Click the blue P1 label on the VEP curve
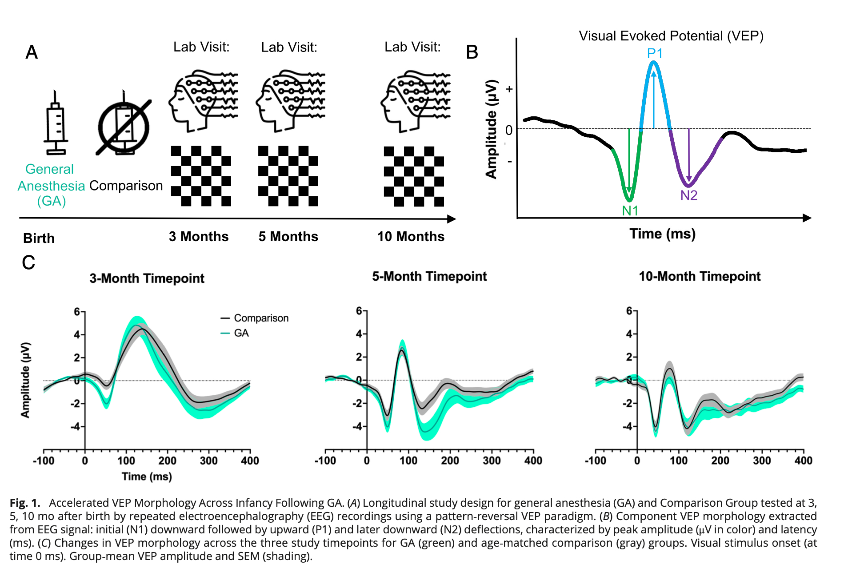pos(655,54)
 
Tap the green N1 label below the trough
pos(630,211)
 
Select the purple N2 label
pos(688,195)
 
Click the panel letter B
pos(472,52)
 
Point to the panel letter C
pos(28,262)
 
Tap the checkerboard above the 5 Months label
pos(288,176)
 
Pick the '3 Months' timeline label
pos(199,237)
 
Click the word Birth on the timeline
pos(39,238)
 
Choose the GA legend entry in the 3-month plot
pos(241,333)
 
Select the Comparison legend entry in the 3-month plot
pos(261,318)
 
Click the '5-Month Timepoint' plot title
pos(429,276)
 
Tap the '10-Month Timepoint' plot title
pos(700,276)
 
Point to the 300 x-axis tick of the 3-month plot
pos(208,461)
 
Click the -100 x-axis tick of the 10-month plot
pos(596,461)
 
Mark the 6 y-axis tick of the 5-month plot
pos(359,311)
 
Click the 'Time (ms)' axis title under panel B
pos(662,234)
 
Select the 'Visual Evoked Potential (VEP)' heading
pos(671,36)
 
